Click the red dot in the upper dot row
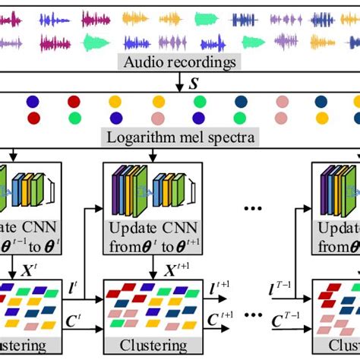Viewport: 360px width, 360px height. pos(74,101)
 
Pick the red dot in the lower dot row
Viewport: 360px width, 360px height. pos(33,118)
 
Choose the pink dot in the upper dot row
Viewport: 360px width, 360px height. pos(281,102)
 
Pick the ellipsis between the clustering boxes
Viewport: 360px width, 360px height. pos(250,321)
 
